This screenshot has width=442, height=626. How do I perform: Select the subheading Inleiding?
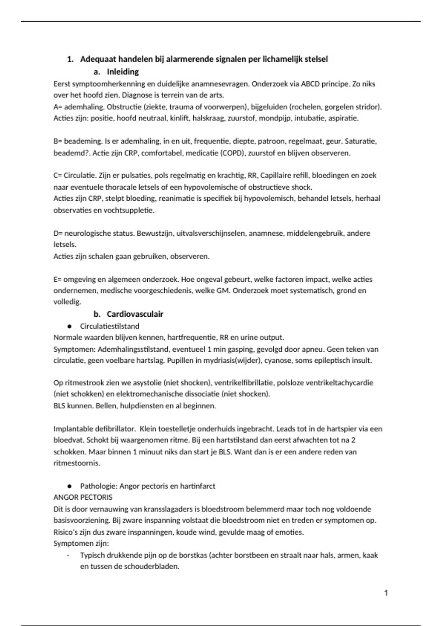(123, 72)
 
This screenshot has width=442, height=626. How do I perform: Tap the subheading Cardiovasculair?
(135, 314)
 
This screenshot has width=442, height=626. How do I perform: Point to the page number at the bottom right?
(386, 593)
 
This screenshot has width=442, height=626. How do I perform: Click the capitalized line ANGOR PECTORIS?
(83, 497)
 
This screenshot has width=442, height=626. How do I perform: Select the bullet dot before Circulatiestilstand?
(69, 326)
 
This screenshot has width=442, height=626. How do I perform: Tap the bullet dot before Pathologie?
(69, 486)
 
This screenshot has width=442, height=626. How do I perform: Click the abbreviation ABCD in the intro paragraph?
(310, 84)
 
